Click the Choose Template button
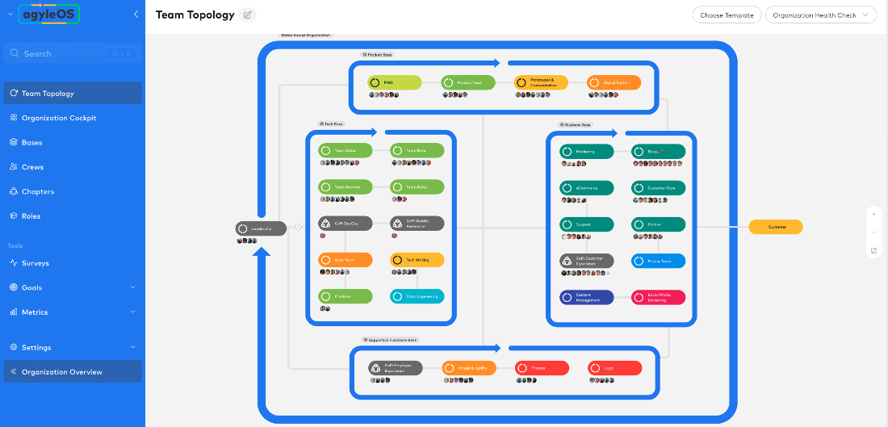pyautogui.click(x=727, y=15)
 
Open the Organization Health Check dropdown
pyautogui.click(x=820, y=15)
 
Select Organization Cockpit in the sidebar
pyautogui.click(x=59, y=118)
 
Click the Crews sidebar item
pyautogui.click(x=33, y=167)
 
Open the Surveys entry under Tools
pyautogui.click(x=36, y=263)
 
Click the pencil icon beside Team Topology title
pyautogui.click(x=248, y=15)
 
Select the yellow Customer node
pyautogui.click(x=775, y=228)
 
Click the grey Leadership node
pyautogui.click(x=261, y=229)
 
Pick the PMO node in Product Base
pyautogui.click(x=394, y=82)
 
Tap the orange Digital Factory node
pyautogui.click(x=614, y=82)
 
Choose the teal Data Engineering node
pyautogui.click(x=417, y=296)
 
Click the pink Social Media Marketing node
pyautogui.click(x=658, y=297)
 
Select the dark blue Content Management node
pyautogui.click(x=586, y=297)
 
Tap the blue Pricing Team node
pyautogui.click(x=658, y=261)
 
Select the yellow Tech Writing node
pyautogui.click(x=417, y=260)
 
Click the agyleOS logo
pyautogui.click(x=51, y=15)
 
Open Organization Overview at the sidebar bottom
pyautogui.click(x=62, y=372)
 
